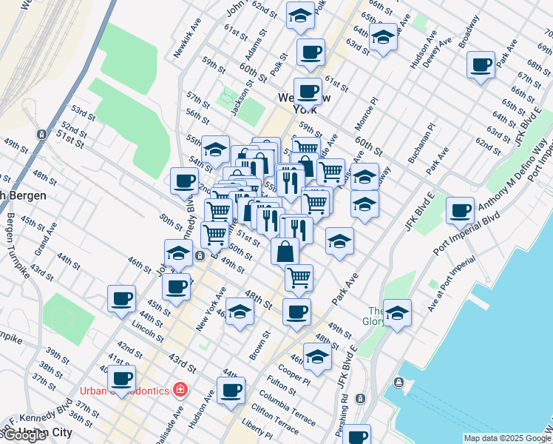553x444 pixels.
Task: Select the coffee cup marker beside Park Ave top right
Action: coord(481,64)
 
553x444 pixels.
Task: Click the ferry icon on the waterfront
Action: coord(399,383)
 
